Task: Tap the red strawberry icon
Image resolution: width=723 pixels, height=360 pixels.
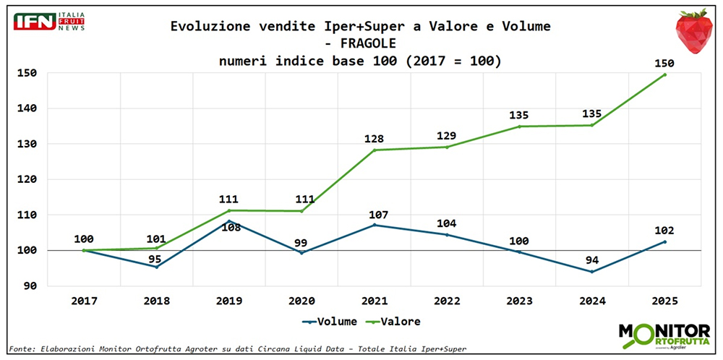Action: tap(693, 31)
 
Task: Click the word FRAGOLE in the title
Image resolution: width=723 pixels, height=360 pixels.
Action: tap(360, 43)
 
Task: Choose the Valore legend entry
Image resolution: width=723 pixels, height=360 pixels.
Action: tap(395, 321)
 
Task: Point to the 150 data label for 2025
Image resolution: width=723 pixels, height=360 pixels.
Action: tap(664, 63)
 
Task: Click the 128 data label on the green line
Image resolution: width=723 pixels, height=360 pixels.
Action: tap(374, 139)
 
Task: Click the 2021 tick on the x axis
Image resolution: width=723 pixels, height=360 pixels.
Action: tap(374, 299)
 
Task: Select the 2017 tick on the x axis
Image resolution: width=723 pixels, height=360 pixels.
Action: tap(83, 299)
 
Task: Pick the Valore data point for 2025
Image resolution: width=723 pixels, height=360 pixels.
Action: tap(664, 74)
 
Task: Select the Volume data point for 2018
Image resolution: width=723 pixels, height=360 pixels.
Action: tap(156, 267)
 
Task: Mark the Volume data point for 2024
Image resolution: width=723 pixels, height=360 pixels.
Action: tap(591, 272)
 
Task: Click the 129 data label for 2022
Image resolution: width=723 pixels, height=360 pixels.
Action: tap(447, 136)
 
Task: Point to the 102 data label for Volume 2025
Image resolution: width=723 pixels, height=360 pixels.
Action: tap(664, 231)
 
